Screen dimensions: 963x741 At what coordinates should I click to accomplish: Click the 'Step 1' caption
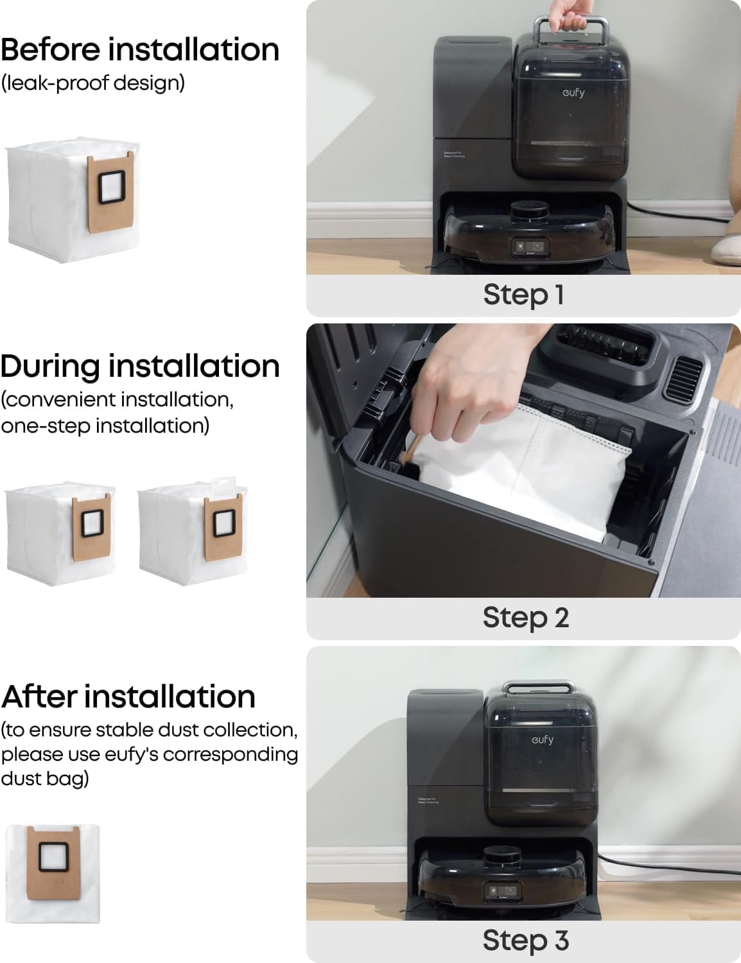(523, 295)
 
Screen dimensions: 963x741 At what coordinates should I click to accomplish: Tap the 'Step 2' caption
(525, 618)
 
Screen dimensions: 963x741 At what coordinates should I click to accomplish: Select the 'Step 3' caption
(525, 940)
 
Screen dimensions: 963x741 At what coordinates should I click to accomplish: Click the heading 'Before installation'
(140, 49)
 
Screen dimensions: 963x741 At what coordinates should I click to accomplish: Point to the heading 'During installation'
(140, 366)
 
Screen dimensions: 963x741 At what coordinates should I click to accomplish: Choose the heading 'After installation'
(128, 697)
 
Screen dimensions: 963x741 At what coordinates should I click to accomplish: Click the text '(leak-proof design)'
(92, 83)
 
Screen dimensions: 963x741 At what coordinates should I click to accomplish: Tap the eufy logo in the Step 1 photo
(573, 92)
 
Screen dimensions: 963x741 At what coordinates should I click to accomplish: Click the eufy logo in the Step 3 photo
(543, 740)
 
